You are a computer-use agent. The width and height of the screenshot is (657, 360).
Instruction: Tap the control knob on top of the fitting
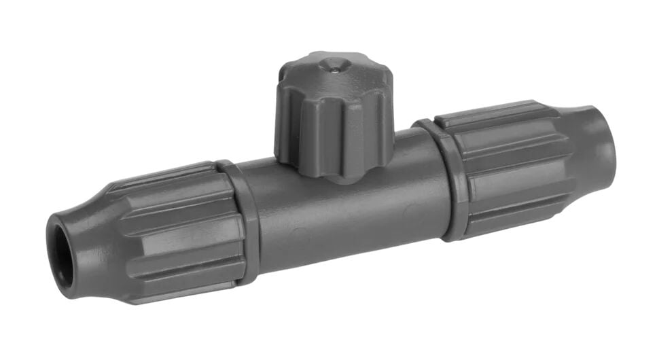[x=333, y=115]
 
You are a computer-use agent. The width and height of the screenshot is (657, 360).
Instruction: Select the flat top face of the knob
[x=326, y=71]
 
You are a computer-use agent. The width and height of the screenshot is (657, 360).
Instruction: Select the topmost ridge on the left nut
[x=163, y=173]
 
